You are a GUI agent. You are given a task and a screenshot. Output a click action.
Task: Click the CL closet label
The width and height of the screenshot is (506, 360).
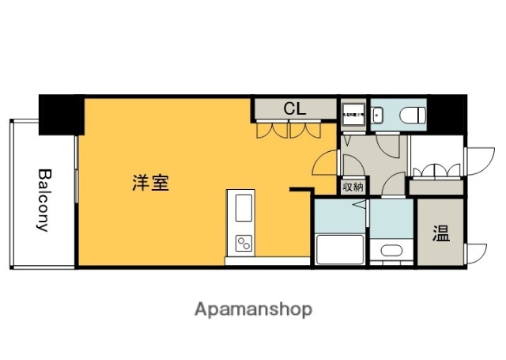tap(296, 109)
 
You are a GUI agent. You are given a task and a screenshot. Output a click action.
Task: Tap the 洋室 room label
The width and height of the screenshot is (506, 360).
tap(149, 184)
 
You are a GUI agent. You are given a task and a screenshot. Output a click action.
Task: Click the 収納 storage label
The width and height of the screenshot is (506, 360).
tap(353, 188)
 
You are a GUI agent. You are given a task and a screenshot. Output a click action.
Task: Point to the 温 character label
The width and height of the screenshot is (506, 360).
tap(440, 233)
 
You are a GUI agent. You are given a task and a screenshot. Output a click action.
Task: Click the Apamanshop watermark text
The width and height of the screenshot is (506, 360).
tap(254, 308)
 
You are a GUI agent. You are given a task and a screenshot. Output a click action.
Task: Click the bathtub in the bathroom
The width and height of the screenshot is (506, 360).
tap(339, 250)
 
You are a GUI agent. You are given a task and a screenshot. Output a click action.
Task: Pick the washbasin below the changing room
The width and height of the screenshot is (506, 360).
tap(391, 252)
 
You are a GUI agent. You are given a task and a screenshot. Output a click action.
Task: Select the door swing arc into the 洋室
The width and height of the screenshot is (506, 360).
tap(325, 163)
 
